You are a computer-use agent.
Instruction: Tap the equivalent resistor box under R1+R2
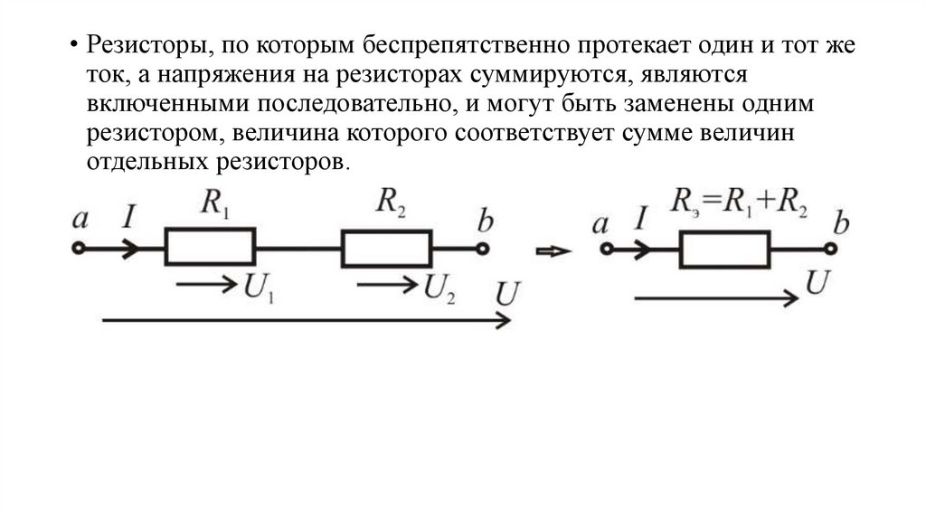725,249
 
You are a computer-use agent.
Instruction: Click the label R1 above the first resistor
214,204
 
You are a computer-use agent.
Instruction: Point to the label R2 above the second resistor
391,204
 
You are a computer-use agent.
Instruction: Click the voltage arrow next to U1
206,285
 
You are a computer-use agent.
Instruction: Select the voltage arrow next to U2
384,285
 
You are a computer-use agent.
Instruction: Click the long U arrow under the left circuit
307,320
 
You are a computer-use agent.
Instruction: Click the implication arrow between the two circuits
553,251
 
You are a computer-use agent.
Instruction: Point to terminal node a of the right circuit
607,249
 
